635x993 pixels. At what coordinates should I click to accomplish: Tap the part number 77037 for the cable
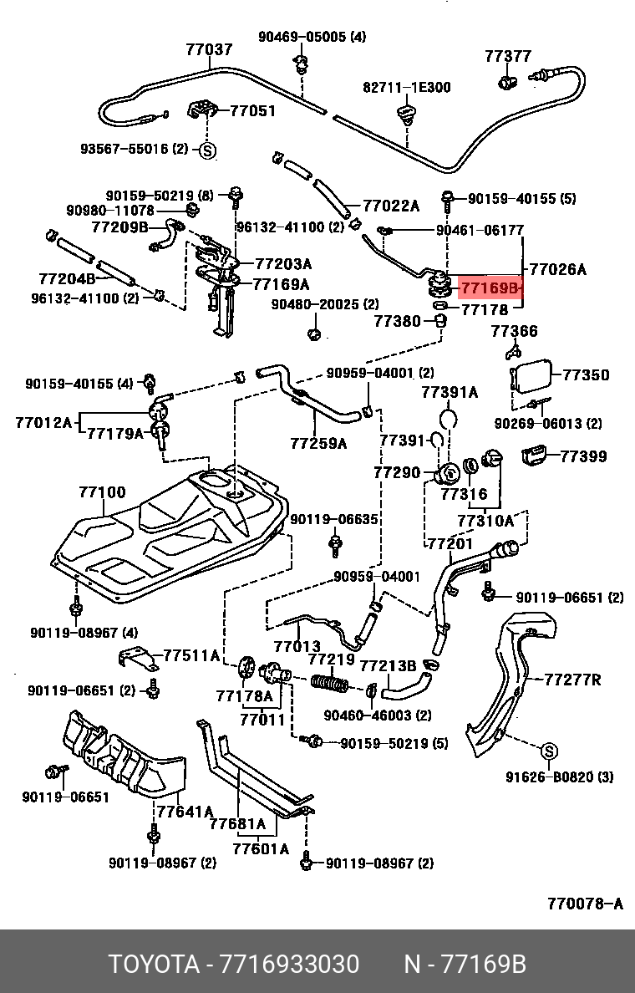pos(209,49)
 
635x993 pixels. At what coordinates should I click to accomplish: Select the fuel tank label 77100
pos(102,492)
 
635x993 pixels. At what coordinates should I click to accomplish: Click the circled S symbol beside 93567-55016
pos(208,150)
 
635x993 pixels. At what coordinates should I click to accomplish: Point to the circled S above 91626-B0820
pos(550,751)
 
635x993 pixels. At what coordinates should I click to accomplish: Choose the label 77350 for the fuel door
pos(586,375)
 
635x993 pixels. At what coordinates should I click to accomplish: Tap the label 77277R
pos(572,680)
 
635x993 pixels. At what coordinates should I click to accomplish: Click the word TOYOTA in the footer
pos(154,965)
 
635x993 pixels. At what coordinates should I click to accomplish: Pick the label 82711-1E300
pos(406,88)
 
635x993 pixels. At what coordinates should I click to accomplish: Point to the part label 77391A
pos(450,393)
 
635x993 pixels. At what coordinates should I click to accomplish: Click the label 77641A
pos(185,812)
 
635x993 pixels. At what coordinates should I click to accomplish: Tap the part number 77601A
pos(260,848)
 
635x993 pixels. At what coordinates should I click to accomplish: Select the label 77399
pos(583,456)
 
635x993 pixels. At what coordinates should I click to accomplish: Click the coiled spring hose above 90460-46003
pos(329,684)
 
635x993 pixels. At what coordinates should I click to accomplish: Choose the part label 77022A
pos(391,206)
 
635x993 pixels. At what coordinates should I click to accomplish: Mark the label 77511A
pos(191,655)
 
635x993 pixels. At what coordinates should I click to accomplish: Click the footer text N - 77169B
pos(465,965)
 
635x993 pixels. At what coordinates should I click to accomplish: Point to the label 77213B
pos(388,666)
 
